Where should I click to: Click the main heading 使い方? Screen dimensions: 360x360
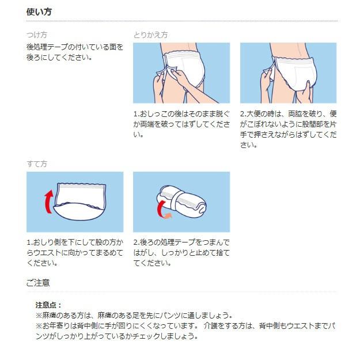(40, 12)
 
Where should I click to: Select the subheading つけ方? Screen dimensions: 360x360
(37, 35)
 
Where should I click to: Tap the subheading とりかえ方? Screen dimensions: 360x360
(150, 35)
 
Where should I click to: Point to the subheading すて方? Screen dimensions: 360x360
(37, 164)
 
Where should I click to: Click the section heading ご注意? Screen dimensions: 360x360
(38, 282)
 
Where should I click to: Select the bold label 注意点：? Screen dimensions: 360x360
(48, 305)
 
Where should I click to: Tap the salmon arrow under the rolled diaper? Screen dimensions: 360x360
(166, 216)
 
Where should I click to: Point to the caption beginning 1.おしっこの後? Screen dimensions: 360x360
(181, 124)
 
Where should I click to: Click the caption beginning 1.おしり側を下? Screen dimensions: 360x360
(74, 252)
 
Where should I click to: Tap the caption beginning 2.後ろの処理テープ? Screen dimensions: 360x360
(181, 252)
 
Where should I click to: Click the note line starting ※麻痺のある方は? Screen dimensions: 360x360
(134, 315)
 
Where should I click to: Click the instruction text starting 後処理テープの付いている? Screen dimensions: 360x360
(75, 52)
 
